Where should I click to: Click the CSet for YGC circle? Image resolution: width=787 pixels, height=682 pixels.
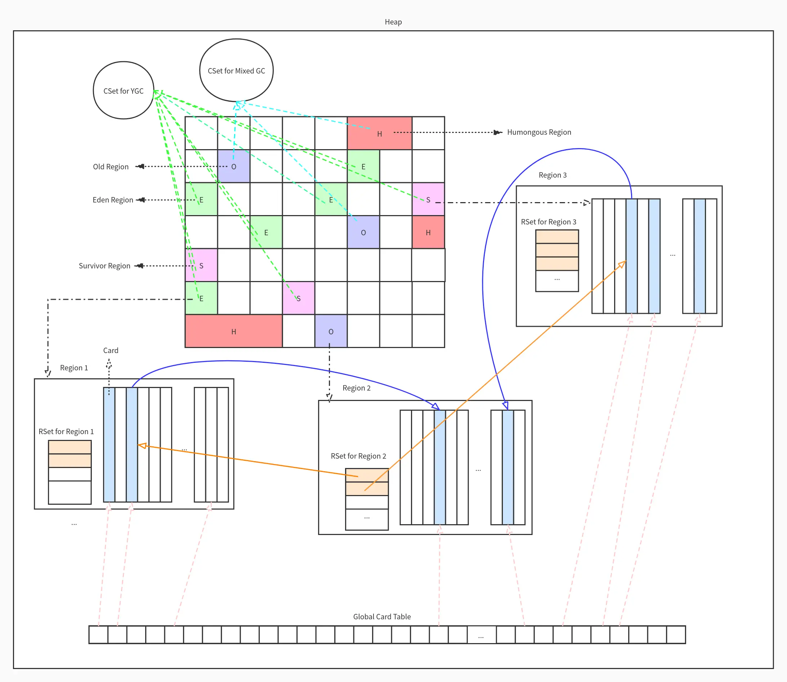[123, 90]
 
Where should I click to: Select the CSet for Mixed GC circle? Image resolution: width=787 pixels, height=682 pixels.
[236, 70]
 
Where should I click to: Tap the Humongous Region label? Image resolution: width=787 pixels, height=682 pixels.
[539, 132]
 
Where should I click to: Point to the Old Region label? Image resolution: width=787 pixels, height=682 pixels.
[111, 167]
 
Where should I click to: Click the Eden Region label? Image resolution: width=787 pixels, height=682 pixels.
[113, 200]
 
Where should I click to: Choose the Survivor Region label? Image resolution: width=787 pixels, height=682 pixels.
[104, 266]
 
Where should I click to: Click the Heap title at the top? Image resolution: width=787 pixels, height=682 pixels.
[393, 22]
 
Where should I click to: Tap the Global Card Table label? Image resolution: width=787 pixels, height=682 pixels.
[382, 616]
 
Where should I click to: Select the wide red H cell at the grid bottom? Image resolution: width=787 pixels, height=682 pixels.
[234, 331]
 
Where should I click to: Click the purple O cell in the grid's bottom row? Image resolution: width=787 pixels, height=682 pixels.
[331, 331]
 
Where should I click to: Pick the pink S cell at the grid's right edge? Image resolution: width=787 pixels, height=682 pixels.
[428, 200]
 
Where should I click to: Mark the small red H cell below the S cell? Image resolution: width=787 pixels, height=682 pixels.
[428, 232]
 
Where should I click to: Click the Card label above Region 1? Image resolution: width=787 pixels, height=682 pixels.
[111, 350]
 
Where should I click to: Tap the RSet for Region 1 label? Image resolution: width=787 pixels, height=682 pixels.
[66, 431]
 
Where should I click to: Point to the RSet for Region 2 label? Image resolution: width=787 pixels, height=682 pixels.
[358, 456]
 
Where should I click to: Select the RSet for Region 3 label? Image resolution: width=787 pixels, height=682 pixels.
[549, 222]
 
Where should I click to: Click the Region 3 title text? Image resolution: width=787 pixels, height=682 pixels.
[553, 175]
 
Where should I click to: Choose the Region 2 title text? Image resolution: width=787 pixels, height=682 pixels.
[356, 388]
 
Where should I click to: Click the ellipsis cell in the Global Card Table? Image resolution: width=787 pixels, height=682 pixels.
[482, 635]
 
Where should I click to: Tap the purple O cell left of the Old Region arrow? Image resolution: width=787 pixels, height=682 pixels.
[234, 166]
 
